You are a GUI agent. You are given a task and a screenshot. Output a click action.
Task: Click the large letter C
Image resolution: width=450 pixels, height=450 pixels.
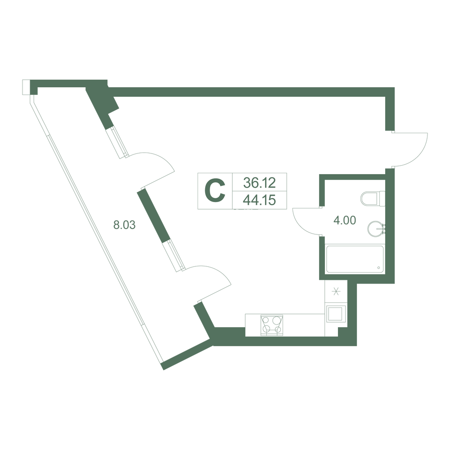click(x=215, y=191)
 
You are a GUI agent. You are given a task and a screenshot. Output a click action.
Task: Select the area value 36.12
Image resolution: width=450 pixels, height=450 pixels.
click(x=260, y=183)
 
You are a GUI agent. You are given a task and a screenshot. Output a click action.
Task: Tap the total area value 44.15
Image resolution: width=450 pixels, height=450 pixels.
click(x=260, y=200)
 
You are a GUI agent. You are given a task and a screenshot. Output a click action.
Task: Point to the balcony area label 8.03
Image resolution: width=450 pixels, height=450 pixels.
click(x=124, y=225)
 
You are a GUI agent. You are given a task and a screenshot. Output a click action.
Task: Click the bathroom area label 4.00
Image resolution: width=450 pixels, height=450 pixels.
click(x=345, y=220)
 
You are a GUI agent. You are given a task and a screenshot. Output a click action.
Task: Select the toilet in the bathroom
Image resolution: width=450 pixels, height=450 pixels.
click(x=373, y=198)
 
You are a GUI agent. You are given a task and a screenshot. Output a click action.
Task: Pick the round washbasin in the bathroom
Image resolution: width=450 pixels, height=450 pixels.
click(x=376, y=229)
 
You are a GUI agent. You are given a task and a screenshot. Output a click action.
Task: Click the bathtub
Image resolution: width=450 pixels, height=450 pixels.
click(x=355, y=259)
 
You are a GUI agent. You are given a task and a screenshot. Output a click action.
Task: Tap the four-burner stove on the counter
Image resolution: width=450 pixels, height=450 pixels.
click(x=271, y=325)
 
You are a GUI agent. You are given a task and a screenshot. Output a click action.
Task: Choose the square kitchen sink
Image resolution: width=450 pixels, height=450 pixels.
click(x=335, y=314)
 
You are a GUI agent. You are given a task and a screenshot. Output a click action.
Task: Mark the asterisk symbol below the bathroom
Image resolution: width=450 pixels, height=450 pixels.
click(x=336, y=292)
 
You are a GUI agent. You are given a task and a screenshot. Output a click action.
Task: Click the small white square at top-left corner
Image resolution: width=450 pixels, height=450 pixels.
click(x=26, y=87)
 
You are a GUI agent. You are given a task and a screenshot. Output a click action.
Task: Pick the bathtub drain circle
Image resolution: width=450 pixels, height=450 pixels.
click(x=379, y=268)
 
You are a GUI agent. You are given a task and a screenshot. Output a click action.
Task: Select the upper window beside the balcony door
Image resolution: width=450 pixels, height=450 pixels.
click(x=116, y=143)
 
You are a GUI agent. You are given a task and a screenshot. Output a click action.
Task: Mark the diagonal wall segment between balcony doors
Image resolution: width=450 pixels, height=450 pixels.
click(x=153, y=217)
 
